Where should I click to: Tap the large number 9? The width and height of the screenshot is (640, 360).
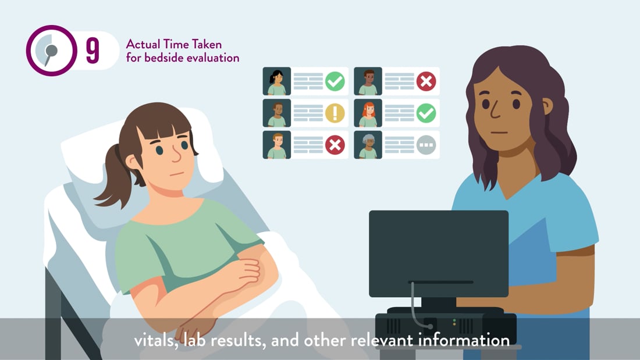click(x=93, y=51)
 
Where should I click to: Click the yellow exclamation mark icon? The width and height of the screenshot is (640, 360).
click(x=335, y=113)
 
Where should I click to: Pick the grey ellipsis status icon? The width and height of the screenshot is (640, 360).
click(x=426, y=145)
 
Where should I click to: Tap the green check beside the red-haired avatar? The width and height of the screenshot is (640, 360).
click(x=426, y=113)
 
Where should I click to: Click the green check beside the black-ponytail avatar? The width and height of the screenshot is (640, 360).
click(x=335, y=81)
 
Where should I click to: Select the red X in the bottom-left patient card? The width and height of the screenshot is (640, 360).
click(x=335, y=145)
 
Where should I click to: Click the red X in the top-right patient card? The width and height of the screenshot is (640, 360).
click(x=426, y=81)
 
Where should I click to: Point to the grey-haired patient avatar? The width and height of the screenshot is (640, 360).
click(x=368, y=145)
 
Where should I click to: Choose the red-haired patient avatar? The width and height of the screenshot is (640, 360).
click(x=368, y=113)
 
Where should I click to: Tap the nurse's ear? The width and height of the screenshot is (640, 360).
click(x=547, y=106)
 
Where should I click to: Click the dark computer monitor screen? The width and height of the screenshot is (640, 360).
click(x=439, y=254)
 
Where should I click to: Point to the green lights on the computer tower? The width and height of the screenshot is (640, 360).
click(x=454, y=322)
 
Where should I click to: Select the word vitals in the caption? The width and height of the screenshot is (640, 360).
click(x=156, y=340)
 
